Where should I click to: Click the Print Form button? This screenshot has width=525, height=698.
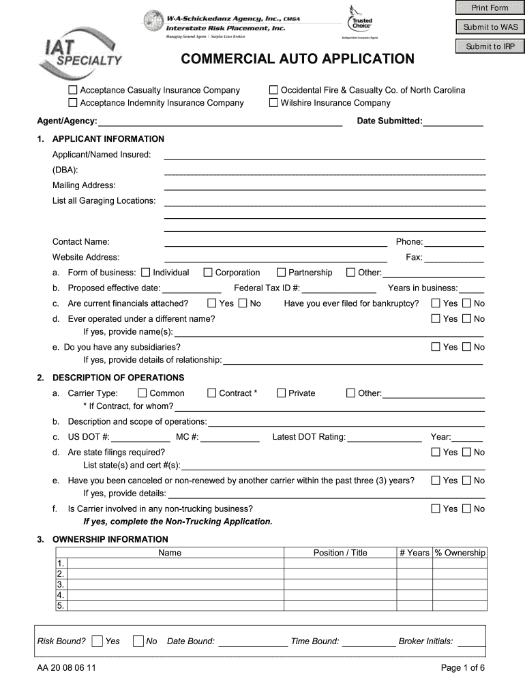coord(490,8)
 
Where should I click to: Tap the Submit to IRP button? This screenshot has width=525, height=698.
coord(490,46)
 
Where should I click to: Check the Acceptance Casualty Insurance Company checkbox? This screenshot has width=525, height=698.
coord(73,90)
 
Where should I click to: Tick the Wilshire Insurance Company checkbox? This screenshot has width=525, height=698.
coord(273,103)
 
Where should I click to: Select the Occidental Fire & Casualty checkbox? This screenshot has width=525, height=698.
coord(273,90)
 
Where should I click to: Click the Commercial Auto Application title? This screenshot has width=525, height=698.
coord(297,59)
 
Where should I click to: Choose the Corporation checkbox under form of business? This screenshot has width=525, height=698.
coord(208,273)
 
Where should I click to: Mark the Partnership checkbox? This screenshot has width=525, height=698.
coord(281,273)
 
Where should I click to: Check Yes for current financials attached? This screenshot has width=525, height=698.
coord(211,303)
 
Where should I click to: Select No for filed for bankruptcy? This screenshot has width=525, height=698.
coord(467,303)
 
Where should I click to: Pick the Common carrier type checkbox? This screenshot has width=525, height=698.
coord(142,393)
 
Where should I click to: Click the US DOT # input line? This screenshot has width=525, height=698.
coord(140,438)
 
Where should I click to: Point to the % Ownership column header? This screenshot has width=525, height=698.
coord(460,553)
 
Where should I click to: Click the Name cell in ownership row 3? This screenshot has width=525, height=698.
coord(175,584)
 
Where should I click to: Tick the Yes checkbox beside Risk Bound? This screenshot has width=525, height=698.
coord(97,641)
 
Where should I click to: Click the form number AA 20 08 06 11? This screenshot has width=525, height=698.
coord(67,668)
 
